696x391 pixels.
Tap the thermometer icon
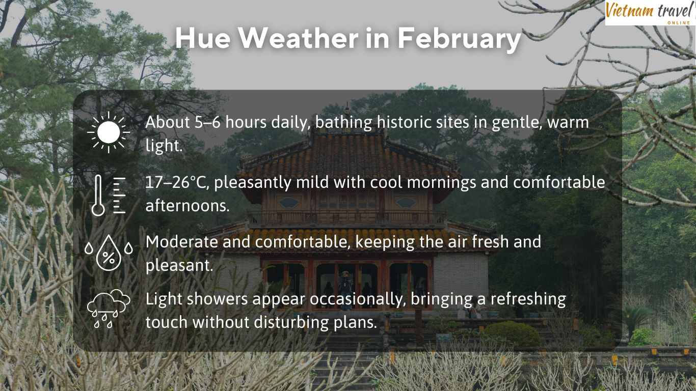[108, 195]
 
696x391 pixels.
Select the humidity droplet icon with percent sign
[109, 252]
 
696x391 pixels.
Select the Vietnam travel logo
[650, 12]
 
